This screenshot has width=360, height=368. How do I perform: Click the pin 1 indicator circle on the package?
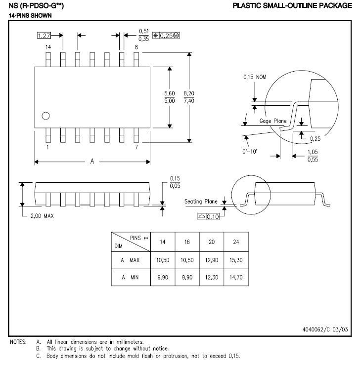click(x=45, y=116)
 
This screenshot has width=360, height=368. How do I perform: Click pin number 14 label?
click(x=48, y=47)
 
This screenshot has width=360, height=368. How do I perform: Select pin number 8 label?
click(x=136, y=47)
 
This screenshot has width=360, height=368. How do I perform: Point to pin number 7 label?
click(x=136, y=147)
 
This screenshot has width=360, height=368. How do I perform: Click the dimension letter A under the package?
click(x=92, y=162)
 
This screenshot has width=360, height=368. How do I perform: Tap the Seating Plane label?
click(x=201, y=202)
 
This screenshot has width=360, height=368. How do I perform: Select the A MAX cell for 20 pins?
click(x=211, y=259)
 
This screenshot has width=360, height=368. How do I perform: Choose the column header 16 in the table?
click(x=187, y=242)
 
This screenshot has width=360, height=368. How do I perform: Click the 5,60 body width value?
click(x=170, y=93)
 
